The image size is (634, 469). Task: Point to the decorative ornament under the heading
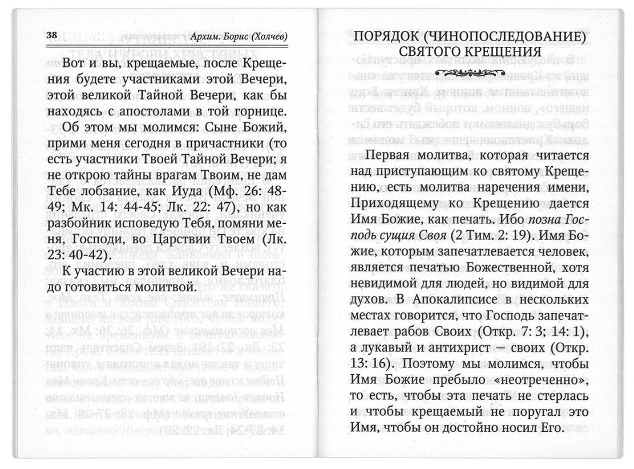point(469,72)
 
